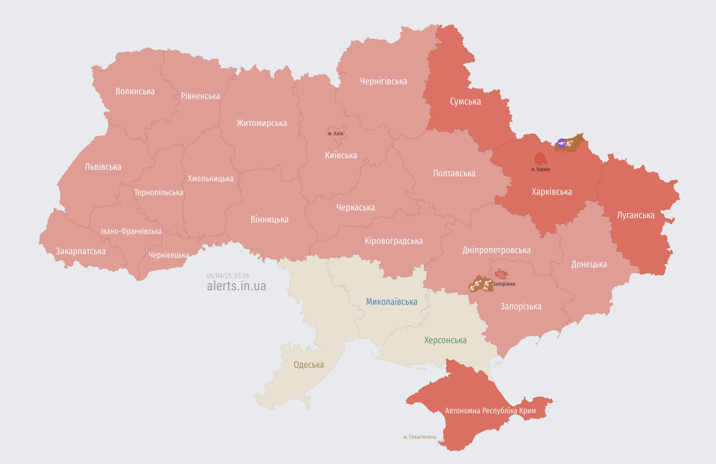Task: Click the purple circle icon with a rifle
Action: pos(562,143)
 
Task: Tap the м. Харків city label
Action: pos(540,169)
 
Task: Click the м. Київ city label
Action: pos(336,133)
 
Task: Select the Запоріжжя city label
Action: pos(504,284)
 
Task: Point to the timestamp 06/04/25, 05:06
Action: pos(228,276)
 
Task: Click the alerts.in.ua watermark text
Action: pos(236,286)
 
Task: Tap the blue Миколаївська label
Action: pos(391,302)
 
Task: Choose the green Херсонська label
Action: pos(445,340)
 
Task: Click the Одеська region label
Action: pos(309,365)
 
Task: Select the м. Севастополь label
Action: pos(420,437)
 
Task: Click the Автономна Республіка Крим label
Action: pos(490,411)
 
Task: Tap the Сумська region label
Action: pos(465,102)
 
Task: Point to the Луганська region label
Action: pos(636,215)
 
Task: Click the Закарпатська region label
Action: pos(80,251)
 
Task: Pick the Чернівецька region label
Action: pos(169,255)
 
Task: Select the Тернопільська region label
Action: pos(158,193)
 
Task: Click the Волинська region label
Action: pos(135,91)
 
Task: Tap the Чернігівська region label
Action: pos(383,81)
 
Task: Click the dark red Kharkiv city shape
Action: pos(540,158)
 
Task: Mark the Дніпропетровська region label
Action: pos(496,250)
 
